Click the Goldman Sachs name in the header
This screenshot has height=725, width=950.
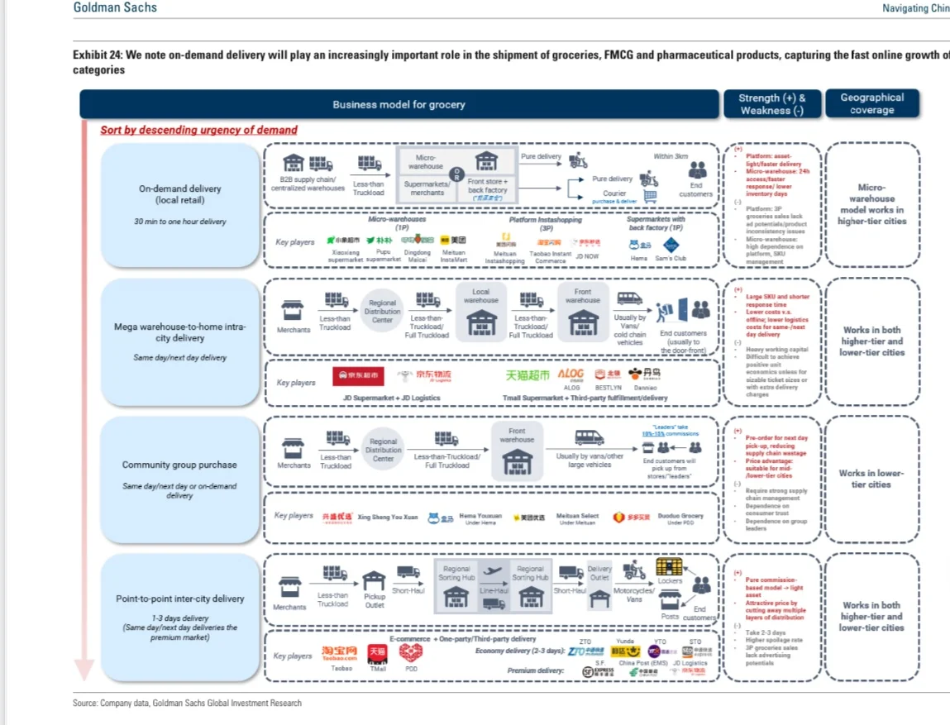115,8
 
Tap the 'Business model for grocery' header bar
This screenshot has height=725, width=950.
399,104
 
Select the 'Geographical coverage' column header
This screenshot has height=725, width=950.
871,103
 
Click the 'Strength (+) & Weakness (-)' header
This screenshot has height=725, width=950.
771,103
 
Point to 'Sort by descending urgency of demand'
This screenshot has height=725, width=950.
198,130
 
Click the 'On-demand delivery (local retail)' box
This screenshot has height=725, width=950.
180,203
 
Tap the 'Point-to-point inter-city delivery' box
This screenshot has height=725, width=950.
180,617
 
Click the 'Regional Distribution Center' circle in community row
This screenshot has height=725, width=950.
383,451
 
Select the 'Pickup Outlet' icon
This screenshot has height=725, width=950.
375,588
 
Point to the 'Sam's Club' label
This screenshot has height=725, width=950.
670,258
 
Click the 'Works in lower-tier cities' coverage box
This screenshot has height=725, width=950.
871,479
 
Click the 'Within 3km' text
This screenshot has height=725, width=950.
670,155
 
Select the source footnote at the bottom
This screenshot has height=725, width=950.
187,703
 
